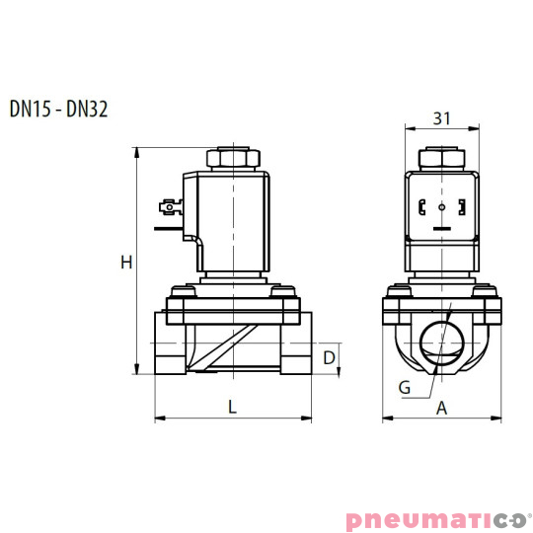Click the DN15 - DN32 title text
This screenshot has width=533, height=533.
coord(58,109)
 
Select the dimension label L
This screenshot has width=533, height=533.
coord(232,406)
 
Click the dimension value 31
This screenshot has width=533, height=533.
coord(441,119)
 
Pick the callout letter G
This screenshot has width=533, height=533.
coord(405,387)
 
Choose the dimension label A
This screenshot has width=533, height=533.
coord(442,406)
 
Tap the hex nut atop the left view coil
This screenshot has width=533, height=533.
coord(233,157)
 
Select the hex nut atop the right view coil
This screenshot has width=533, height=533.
coord(441,157)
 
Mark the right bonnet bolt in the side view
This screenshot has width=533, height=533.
coord(285,291)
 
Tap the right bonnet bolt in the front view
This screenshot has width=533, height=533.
coord(485,291)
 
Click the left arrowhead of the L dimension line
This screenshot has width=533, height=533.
coord(158,419)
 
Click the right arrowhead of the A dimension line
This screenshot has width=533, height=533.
coord(497,419)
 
